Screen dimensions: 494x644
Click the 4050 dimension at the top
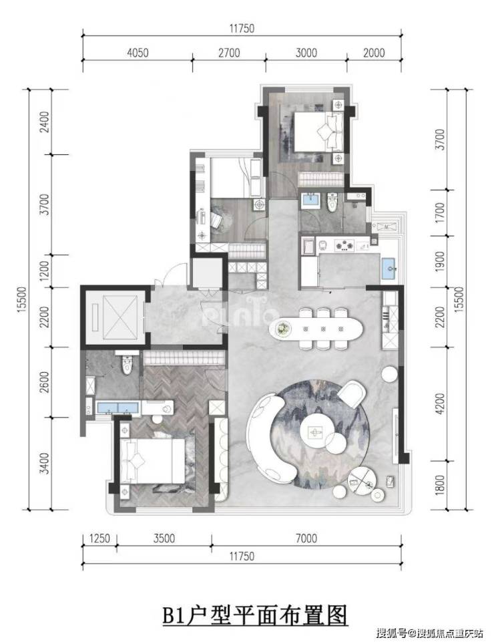(x=138, y=53)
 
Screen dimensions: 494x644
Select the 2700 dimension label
(x=229, y=53)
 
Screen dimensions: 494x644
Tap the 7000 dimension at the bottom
(x=306, y=538)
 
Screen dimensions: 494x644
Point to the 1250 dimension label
(x=99, y=538)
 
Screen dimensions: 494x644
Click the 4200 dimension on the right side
(x=439, y=404)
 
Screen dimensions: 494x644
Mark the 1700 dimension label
(x=439, y=212)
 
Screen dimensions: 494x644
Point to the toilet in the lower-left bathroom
(x=127, y=361)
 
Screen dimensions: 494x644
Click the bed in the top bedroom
(x=318, y=132)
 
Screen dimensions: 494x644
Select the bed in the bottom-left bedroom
(x=153, y=460)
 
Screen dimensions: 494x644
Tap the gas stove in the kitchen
(x=344, y=245)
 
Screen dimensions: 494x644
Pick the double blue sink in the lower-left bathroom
(x=117, y=408)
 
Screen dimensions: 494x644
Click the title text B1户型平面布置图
(x=255, y=615)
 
